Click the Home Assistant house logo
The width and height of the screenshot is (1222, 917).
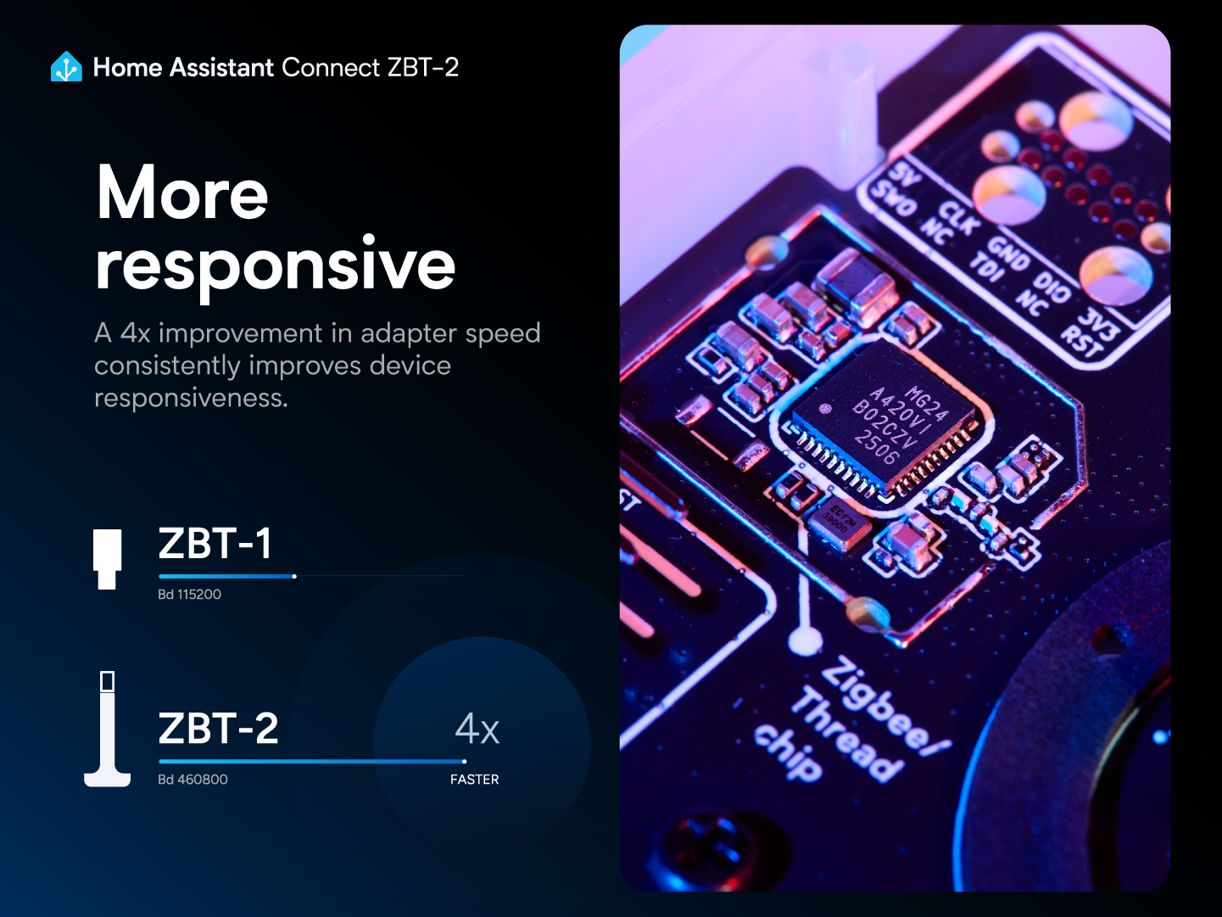tap(66, 67)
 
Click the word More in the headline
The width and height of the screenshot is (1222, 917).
tap(182, 193)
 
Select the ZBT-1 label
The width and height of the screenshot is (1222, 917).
tap(215, 544)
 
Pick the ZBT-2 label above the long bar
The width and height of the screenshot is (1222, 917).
tap(218, 729)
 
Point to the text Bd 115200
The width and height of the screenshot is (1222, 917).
tap(189, 595)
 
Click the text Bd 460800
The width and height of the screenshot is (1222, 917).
tap(193, 780)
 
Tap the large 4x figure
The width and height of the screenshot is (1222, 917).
tap(477, 729)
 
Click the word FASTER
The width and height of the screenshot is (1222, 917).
tap(474, 780)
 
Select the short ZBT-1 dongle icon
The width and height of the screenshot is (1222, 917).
tap(107, 557)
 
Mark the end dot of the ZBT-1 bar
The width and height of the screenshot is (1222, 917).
tap(294, 577)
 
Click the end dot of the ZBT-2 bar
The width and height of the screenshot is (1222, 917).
tap(464, 762)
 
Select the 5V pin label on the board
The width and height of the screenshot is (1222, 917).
tap(906, 175)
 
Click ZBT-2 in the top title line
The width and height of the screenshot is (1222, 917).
tap(422, 67)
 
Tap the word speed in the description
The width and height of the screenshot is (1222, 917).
tap(503, 333)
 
